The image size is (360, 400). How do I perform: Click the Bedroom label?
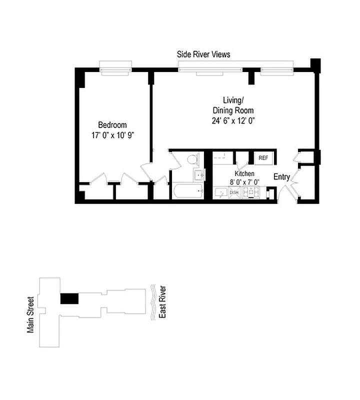coord(112,125)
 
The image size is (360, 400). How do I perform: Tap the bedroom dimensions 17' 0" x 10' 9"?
coord(112,134)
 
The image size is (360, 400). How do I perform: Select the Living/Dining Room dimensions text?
coord(233,120)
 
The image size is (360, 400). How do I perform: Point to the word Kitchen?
coord(244,173)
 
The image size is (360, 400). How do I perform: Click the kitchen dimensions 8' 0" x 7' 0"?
coord(244,181)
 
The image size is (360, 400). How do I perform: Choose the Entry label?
coord(281,176)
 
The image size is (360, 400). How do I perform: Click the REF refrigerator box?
coord(263,158)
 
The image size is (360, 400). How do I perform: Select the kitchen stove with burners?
coord(251,192)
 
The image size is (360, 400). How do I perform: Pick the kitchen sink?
coord(220,192)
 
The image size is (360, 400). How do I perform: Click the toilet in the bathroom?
coord(192,159)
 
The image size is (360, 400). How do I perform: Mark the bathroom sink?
coord(198,174)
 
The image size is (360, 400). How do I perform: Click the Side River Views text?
coord(203,54)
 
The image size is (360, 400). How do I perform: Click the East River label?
coord(162,302)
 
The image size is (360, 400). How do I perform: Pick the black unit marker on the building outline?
coord(69,298)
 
